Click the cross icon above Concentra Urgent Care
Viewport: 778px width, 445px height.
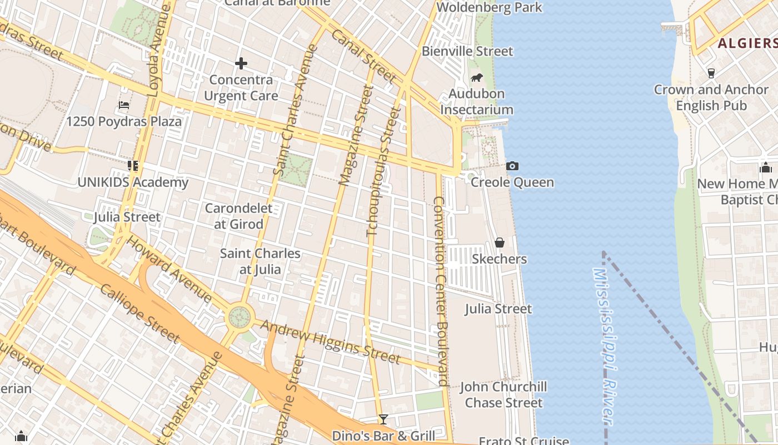(241, 63)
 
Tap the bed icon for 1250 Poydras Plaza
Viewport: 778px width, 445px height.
(124, 105)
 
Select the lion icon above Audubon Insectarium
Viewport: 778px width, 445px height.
(476, 78)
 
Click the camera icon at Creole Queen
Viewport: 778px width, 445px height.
(512, 166)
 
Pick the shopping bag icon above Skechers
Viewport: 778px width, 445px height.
(499, 243)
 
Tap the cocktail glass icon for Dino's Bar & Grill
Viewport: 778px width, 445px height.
(383, 419)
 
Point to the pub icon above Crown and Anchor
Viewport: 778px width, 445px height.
(711, 73)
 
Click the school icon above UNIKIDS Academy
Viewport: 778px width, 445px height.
(132, 166)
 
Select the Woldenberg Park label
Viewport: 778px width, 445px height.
(489, 7)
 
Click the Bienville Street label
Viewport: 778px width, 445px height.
(467, 51)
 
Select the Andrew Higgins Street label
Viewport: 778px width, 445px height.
(330, 340)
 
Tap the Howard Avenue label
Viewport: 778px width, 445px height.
(169, 270)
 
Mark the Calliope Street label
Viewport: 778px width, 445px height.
(139, 313)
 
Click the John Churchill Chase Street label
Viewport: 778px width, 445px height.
(503, 394)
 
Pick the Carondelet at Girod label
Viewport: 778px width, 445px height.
(238, 216)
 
